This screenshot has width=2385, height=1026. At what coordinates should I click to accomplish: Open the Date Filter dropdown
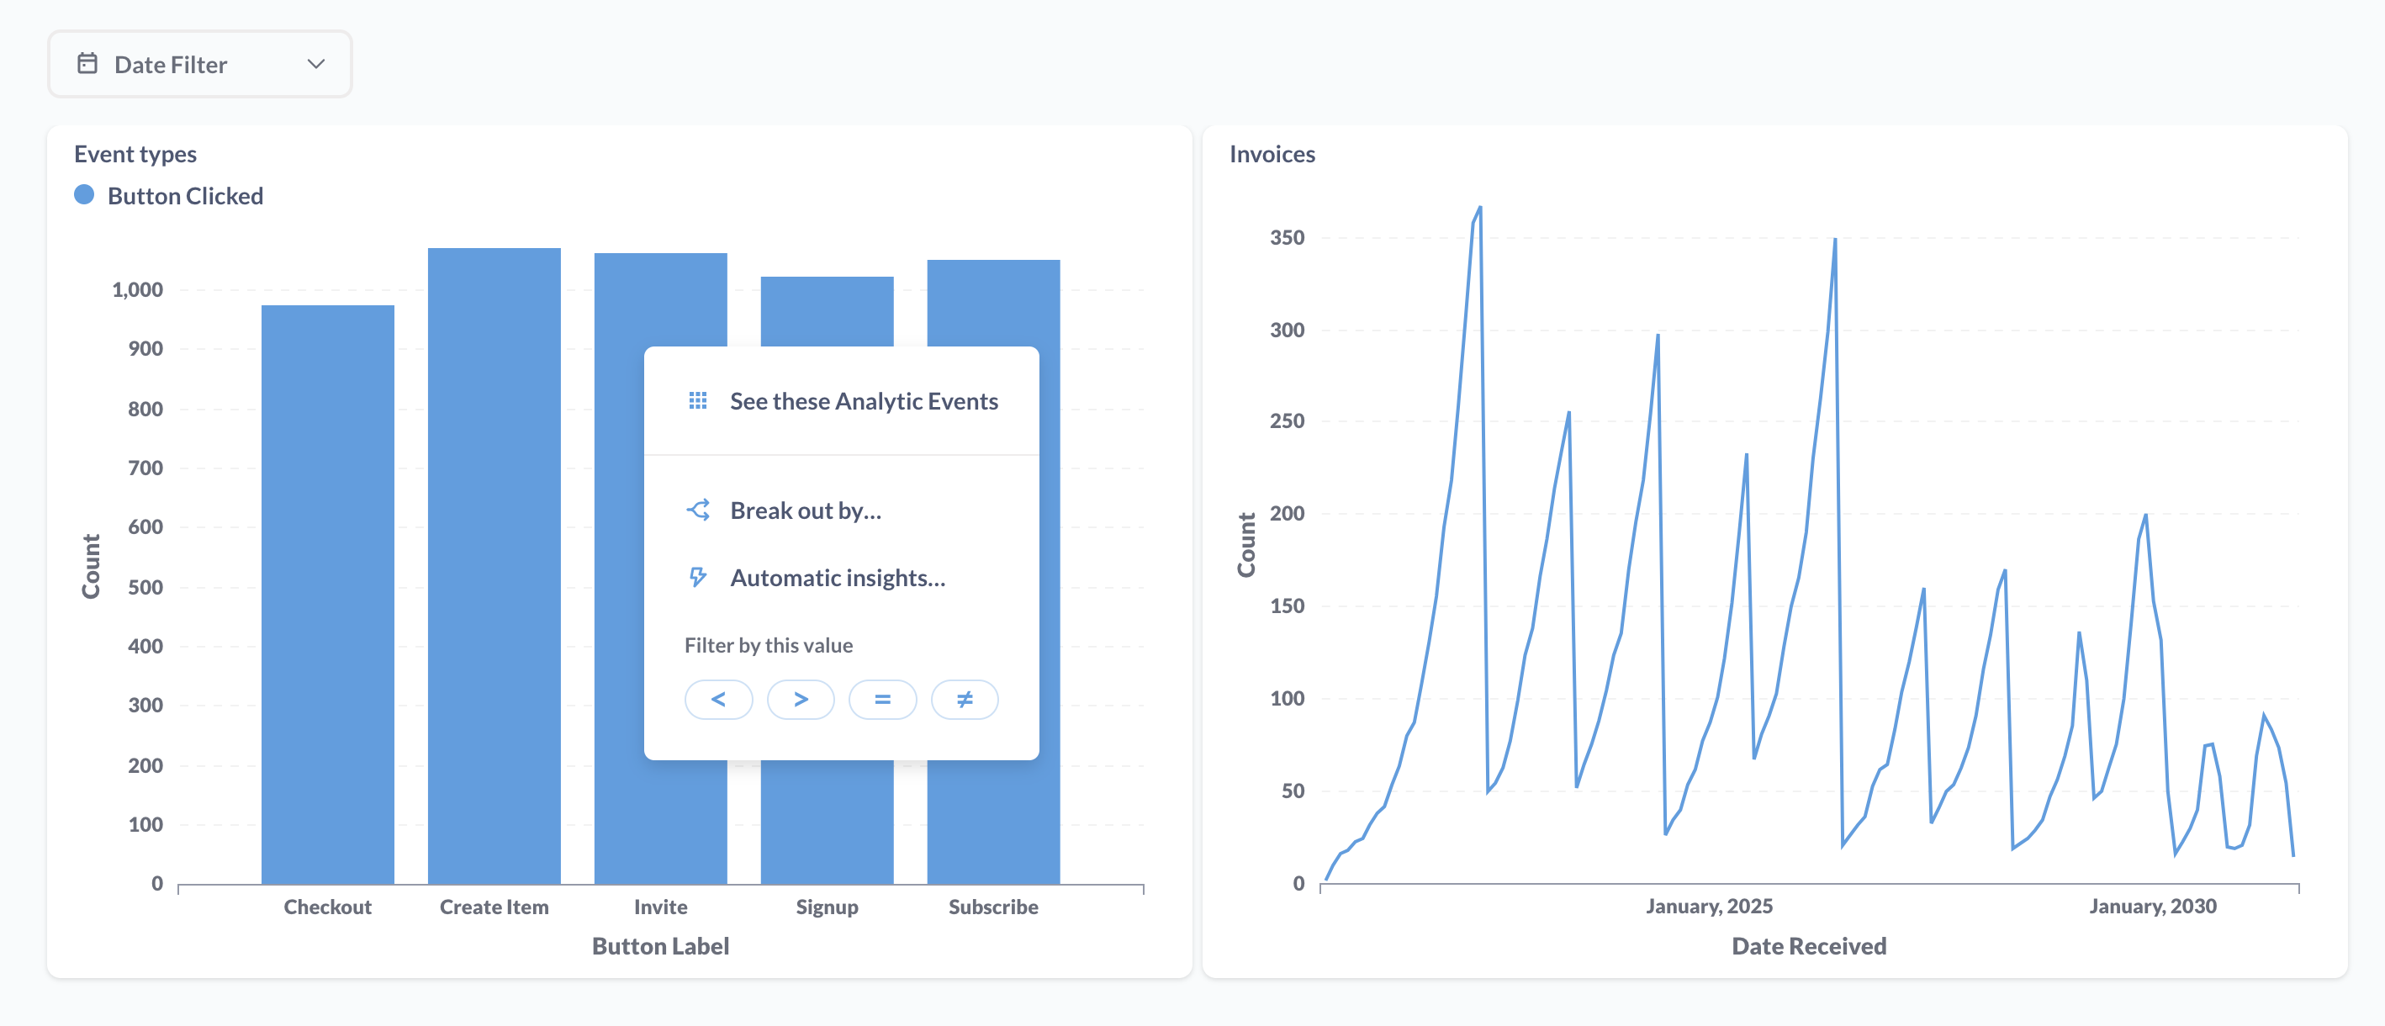click(x=200, y=64)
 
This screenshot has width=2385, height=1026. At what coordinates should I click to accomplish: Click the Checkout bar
click(x=328, y=593)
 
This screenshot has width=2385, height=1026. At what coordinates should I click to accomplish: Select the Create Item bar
click(x=494, y=565)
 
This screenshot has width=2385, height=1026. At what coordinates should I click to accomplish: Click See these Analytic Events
click(x=863, y=401)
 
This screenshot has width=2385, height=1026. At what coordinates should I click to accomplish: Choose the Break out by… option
click(x=805, y=510)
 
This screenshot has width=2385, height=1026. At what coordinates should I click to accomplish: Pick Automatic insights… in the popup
click(x=837, y=578)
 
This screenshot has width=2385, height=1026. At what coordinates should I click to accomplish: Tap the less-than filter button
click(x=718, y=699)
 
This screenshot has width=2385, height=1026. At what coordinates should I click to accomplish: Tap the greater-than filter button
click(x=801, y=699)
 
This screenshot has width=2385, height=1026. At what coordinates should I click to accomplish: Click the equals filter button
click(x=882, y=699)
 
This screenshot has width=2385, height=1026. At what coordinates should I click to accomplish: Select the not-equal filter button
click(x=965, y=699)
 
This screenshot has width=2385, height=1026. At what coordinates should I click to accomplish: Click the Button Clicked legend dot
click(x=84, y=195)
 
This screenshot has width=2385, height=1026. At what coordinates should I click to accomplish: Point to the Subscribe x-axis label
click(x=992, y=907)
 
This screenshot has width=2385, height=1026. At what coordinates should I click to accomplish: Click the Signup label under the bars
click(x=827, y=907)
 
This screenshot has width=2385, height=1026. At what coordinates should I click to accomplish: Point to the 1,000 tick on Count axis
click(x=137, y=290)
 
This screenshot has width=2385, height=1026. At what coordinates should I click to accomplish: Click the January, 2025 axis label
click(x=1709, y=906)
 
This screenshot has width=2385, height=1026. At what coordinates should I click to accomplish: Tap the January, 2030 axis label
click(x=2153, y=906)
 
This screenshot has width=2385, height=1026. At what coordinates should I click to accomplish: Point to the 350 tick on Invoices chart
click(x=1287, y=238)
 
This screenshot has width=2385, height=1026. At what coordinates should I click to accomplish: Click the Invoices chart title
click(x=1272, y=154)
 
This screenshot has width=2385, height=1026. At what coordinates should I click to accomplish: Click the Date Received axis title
click(x=1808, y=945)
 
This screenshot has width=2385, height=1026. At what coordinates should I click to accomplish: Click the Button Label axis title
click(x=660, y=945)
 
